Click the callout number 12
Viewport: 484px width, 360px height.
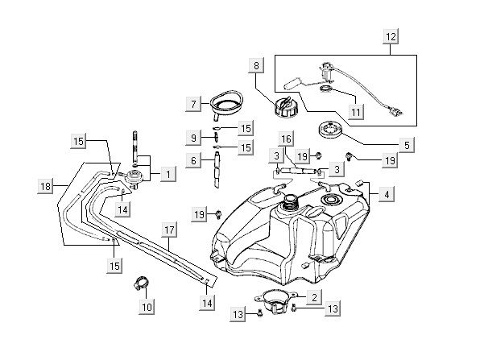[x=391, y=37]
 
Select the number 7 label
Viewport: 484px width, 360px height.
[x=192, y=103]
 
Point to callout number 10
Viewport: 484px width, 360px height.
[x=146, y=307]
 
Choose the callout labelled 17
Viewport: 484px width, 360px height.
[x=169, y=230]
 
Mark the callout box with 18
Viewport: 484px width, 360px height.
[x=46, y=186]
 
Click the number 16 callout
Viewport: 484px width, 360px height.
[x=287, y=139]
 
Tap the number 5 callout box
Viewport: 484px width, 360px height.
[x=407, y=145]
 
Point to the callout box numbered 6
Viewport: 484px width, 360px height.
[x=192, y=160]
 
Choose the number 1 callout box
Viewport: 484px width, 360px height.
[x=168, y=172]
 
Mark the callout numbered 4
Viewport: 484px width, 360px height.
[x=387, y=194]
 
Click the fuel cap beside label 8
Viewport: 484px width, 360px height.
[x=283, y=107]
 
